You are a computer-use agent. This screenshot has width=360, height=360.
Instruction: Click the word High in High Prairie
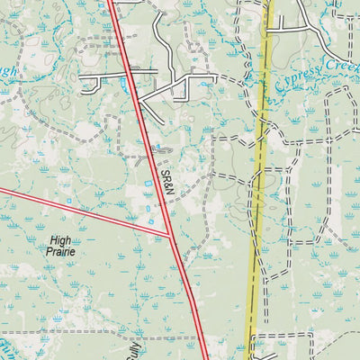click(62, 240)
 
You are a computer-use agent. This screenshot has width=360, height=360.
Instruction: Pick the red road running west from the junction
click(81, 213)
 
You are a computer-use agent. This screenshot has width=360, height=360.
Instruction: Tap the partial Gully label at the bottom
click(135, 346)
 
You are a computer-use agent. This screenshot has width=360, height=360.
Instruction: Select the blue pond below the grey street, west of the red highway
click(122, 84)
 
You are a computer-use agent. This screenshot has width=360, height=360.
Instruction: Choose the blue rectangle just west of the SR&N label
click(149, 184)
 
